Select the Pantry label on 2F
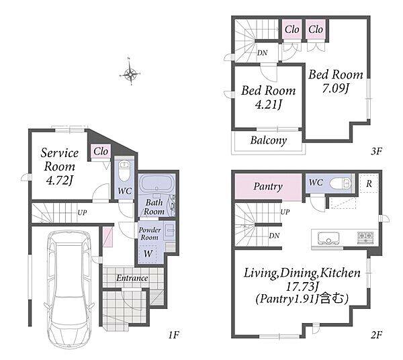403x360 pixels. (x=268, y=187)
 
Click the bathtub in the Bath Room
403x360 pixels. (x=156, y=184)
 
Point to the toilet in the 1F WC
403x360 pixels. (x=124, y=171)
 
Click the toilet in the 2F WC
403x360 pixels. (x=341, y=183)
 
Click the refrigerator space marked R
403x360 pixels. (x=369, y=183)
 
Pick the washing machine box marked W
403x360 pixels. (x=148, y=254)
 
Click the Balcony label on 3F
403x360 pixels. (x=268, y=140)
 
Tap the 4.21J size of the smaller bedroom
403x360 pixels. (x=268, y=105)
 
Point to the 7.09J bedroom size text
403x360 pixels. (x=335, y=89)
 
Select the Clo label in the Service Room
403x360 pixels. (x=101, y=151)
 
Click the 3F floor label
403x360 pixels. (x=376, y=151)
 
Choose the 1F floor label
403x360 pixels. (x=173, y=335)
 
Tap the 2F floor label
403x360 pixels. (x=377, y=335)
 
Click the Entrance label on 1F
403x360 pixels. (x=132, y=278)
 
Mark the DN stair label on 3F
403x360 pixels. (x=262, y=53)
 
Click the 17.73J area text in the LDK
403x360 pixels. (x=302, y=286)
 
